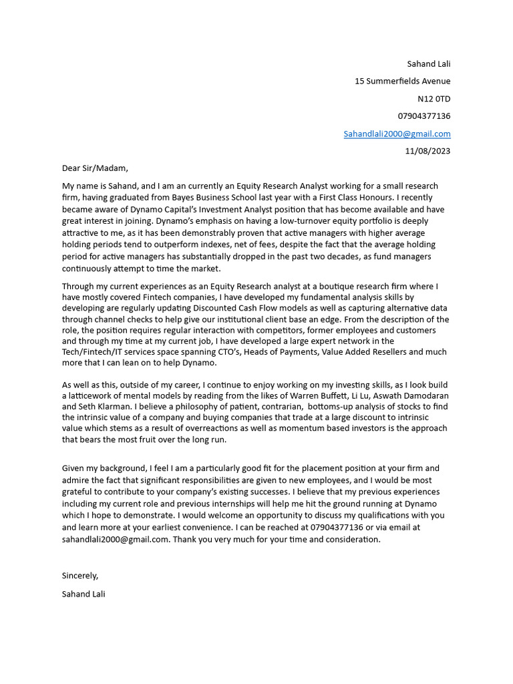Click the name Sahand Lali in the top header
[x=429, y=63]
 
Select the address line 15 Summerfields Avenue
[x=402, y=81]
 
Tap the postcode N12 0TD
[x=434, y=99]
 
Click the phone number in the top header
[x=424, y=116]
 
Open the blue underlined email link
[x=397, y=134]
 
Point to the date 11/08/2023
[x=427, y=151]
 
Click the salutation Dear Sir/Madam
[x=94, y=168]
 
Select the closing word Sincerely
[x=79, y=576]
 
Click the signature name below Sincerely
[x=83, y=594]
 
